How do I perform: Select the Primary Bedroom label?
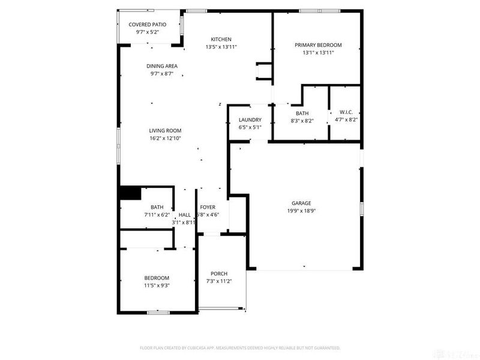coord(317,45)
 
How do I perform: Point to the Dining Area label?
coord(161,66)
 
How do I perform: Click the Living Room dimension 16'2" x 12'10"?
coord(165,138)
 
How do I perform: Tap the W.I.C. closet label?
coord(346,112)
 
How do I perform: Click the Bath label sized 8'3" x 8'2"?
coord(302,113)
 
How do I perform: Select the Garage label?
coord(301,203)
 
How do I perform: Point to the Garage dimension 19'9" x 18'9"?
coord(301,211)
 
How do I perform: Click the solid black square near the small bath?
coord(130,193)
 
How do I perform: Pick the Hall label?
coord(185,215)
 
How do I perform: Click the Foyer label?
coord(208,207)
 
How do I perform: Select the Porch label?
coord(218,274)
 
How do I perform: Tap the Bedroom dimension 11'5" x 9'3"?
coord(157,285)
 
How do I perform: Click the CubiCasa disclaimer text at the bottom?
coord(240,348)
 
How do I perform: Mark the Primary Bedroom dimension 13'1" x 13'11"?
coord(317,53)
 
